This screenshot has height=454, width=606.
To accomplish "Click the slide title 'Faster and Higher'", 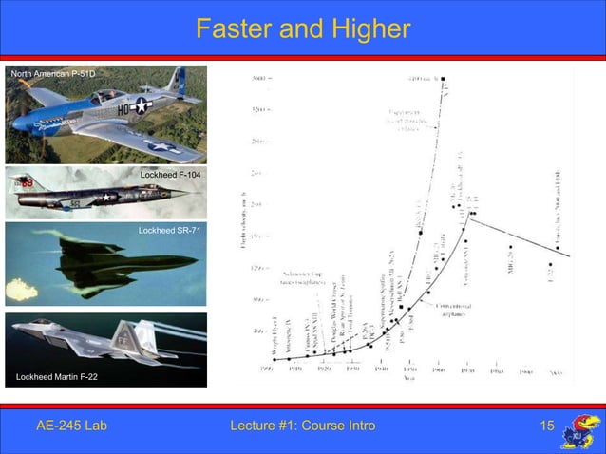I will coord(302,30).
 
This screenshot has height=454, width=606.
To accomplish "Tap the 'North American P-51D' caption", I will coord(52,73).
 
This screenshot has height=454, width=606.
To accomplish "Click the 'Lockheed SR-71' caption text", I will coord(169,231).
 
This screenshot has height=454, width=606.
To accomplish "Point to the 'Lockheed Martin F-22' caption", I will coord(57,378).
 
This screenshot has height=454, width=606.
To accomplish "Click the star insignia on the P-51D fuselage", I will coord(142,107).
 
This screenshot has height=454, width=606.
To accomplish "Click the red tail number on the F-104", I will coord(28,180).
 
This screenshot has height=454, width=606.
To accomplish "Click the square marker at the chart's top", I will coord(443,79).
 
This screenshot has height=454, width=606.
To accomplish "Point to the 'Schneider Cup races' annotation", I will coord(303,276).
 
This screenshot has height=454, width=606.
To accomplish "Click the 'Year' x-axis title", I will coord(407,378).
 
